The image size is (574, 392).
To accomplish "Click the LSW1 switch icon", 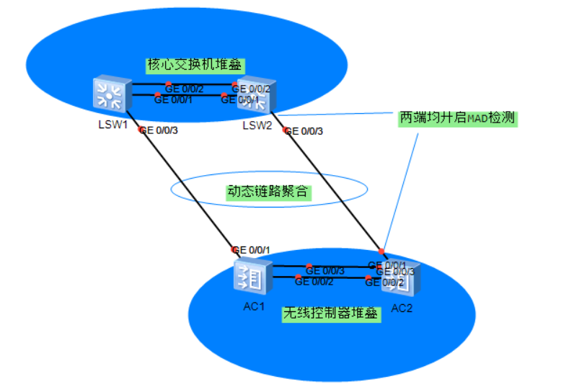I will tap(110, 95).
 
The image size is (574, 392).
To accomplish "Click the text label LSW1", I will tap(113, 125).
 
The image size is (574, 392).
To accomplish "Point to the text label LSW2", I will tap(257, 125).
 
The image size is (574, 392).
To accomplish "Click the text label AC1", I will tap(254, 305).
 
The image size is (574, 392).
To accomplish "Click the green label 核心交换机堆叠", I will tap(193, 65).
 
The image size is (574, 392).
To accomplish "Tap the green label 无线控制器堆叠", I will tap(331, 313).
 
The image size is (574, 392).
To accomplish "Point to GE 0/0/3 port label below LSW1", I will tap(159, 130).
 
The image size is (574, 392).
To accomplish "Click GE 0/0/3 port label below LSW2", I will tap(306, 131).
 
